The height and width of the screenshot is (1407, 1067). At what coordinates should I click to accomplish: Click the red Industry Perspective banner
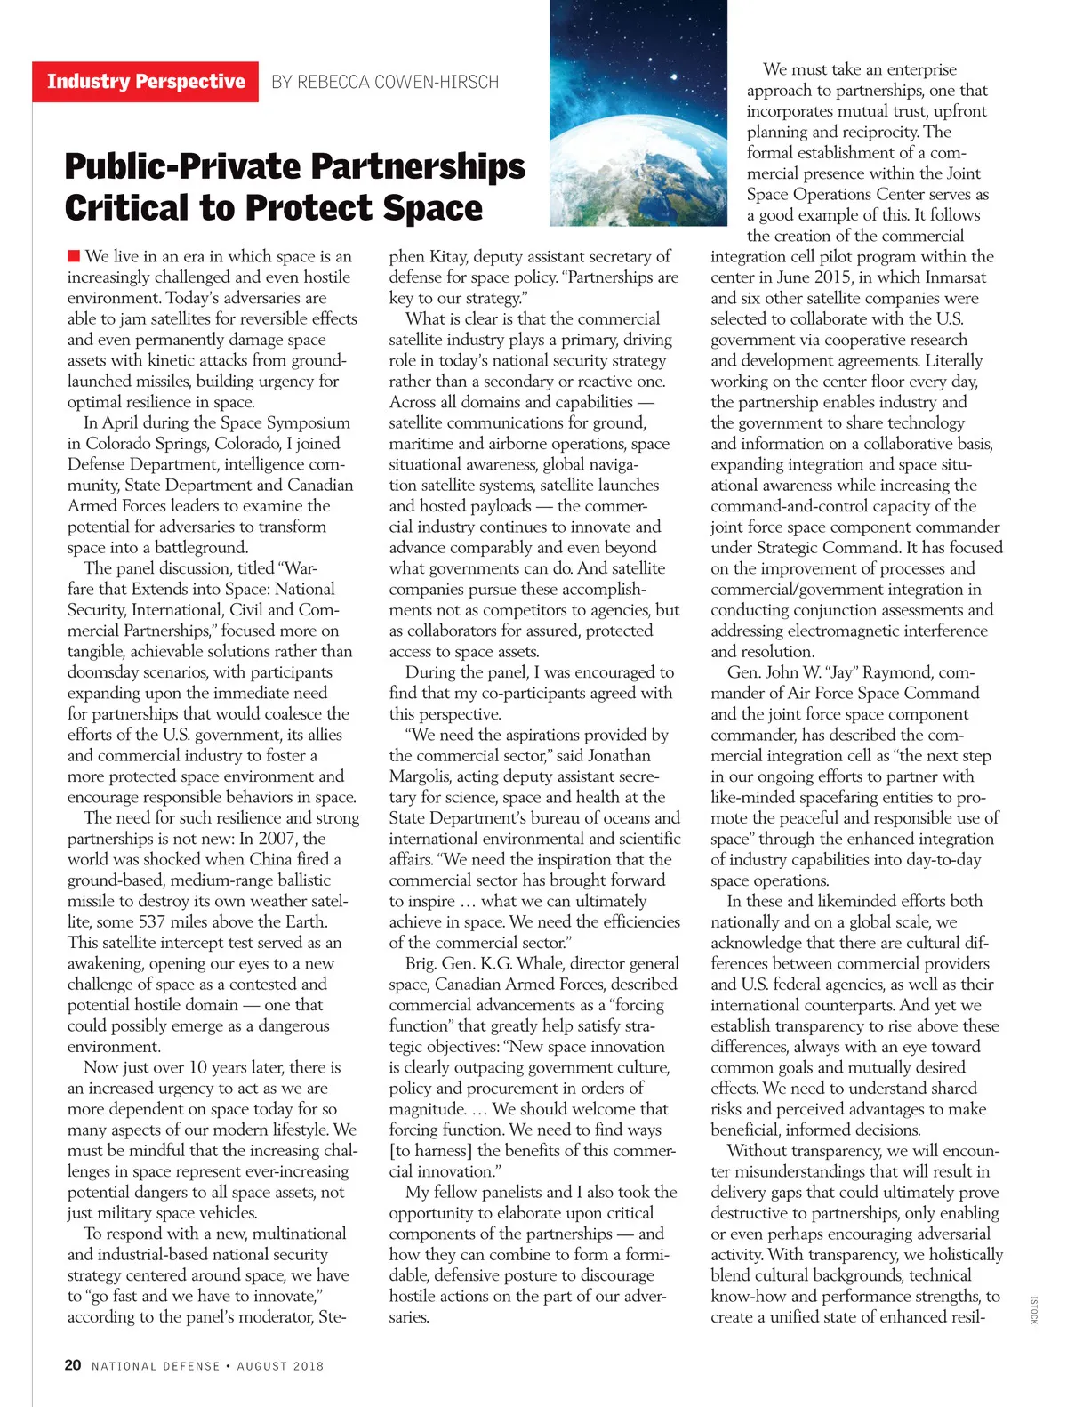pos(145,82)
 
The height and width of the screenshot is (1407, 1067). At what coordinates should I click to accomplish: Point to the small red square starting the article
pos(74,256)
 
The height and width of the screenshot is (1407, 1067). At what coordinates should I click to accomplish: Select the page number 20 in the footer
pos(73,1365)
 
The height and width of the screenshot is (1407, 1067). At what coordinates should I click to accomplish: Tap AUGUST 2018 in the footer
pos(280,1366)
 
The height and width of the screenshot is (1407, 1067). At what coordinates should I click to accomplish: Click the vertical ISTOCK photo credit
pos(1034,1309)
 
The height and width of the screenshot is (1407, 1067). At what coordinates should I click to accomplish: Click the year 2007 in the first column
pos(277,839)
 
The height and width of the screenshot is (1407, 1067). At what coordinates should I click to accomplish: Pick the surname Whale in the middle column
pos(540,963)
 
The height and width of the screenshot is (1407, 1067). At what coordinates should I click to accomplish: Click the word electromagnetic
pos(840,631)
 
